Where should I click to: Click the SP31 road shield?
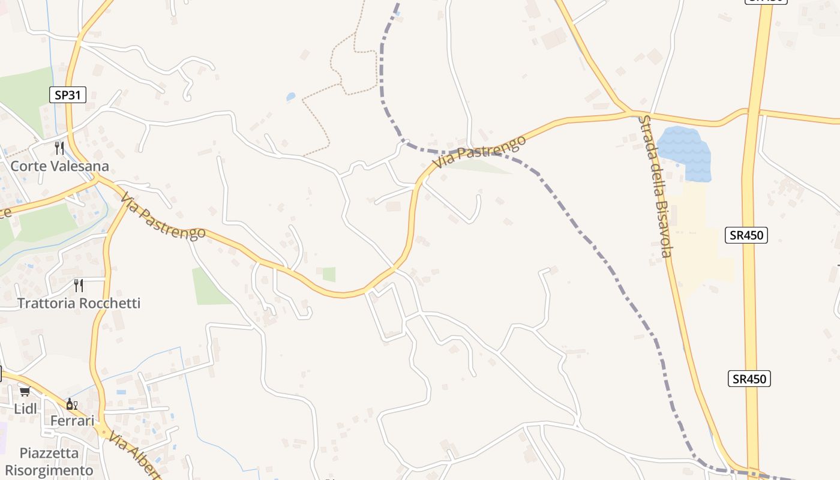tap(68, 94)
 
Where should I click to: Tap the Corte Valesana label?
tap(59, 166)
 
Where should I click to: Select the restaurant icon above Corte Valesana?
tap(59, 148)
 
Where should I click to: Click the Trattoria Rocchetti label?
tap(79, 303)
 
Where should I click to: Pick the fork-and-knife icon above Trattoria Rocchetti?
tap(79, 284)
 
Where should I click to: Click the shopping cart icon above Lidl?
tap(25, 392)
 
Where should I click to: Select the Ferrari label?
tap(72, 421)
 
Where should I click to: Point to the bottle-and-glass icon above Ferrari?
tap(71, 404)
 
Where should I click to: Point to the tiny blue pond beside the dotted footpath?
tap(291, 96)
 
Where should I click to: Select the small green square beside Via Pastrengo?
tap(329, 274)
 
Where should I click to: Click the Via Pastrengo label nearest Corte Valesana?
tap(163, 216)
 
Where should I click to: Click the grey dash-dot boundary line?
tap(600, 252)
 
